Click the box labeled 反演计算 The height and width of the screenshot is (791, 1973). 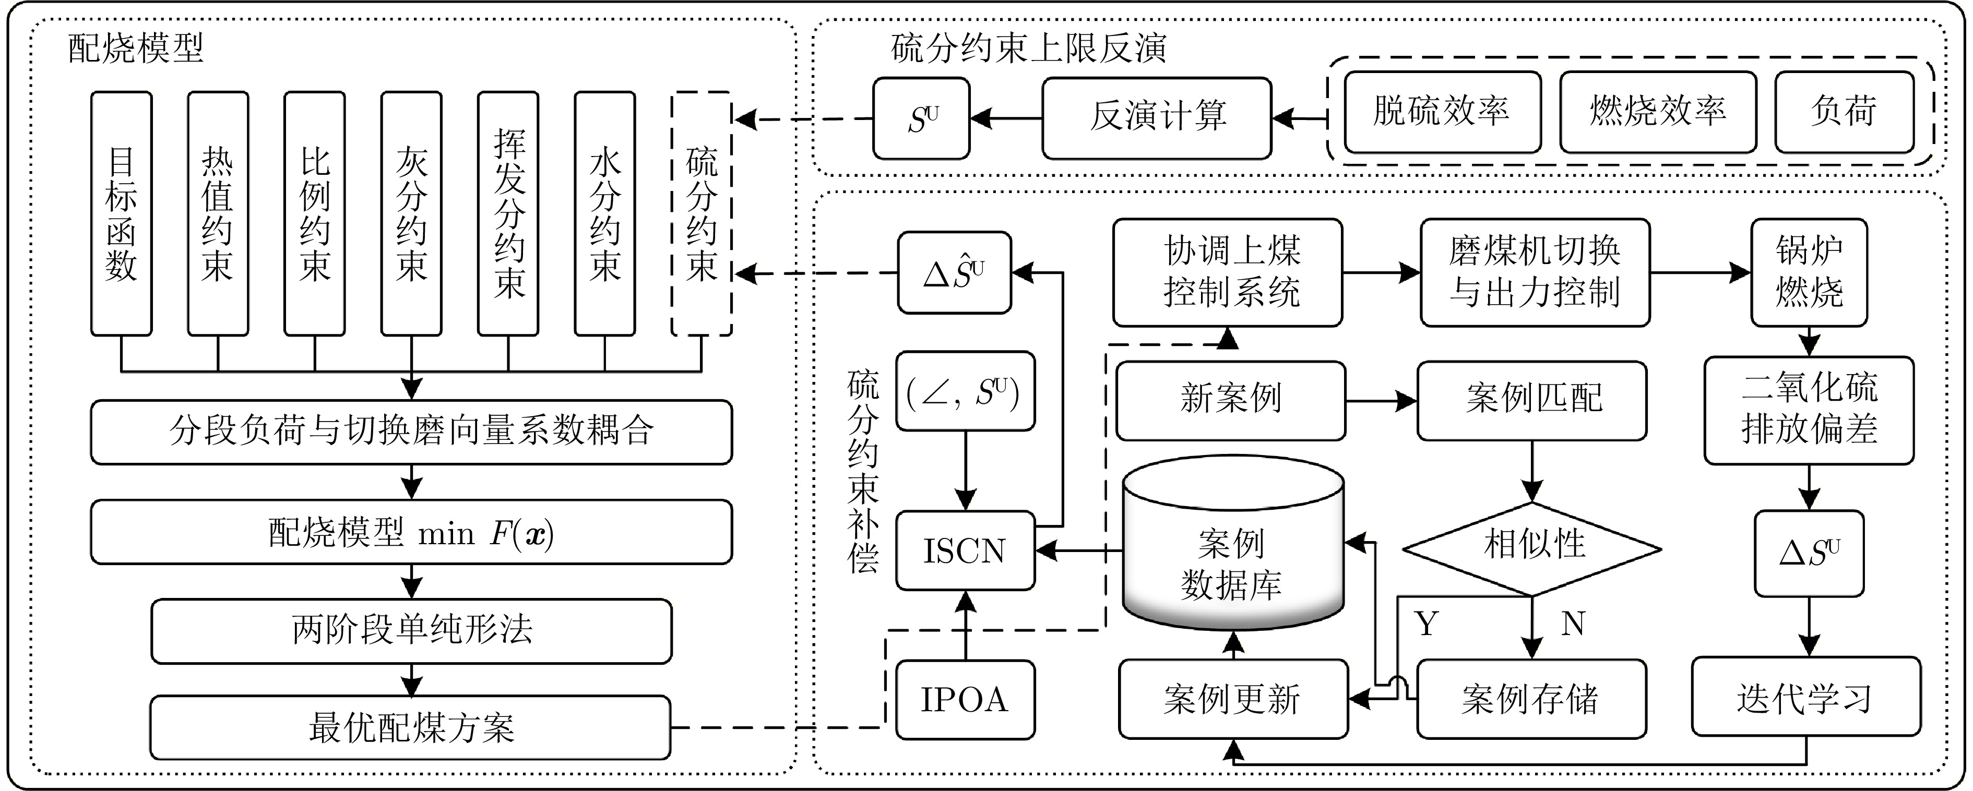pyautogui.click(x=1157, y=118)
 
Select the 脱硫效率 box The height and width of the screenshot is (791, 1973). pyautogui.click(x=1442, y=112)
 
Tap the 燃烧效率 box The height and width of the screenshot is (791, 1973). pyautogui.click(x=1657, y=112)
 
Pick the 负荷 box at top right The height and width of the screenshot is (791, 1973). pyautogui.click(x=1844, y=112)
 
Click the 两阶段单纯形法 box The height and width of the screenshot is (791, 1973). pyautogui.click(x=411, y=631)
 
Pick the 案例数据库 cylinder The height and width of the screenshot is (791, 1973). pyautogui.click(x=1232, y=552)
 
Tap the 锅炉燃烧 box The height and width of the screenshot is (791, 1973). pyautogui.click(x=1809, y=272)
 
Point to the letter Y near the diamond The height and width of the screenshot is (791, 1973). pyautogui.click(x=1426, y=624)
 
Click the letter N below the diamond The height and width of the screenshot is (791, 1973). pyautogui.click(x=1573, y=624)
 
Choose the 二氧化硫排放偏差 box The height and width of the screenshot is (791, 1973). pyautogui.click(x=1809, y=410)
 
